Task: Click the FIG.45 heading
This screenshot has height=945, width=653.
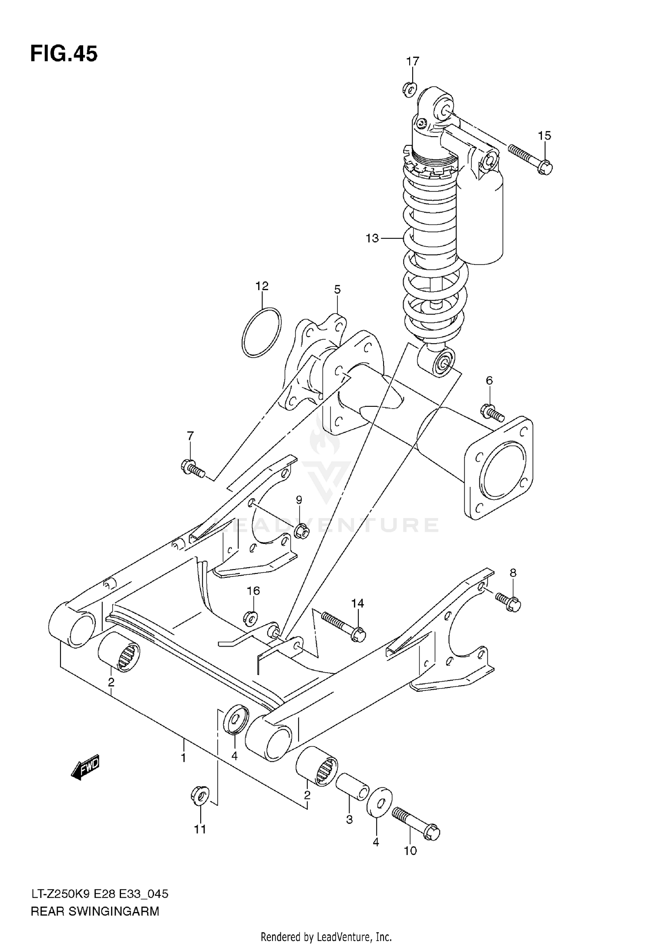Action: coord(64,54)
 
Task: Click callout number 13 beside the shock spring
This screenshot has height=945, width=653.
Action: coord(372,238)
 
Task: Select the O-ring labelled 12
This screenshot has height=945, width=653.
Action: coord(262,332)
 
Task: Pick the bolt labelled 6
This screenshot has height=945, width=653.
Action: coord(492,412)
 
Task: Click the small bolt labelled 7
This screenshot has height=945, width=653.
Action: coord(192,468)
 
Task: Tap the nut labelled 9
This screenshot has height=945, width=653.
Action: coord(301,531)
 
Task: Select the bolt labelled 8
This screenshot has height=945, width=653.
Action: coord(507,602)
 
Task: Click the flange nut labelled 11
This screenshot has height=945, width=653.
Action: coord(200,796)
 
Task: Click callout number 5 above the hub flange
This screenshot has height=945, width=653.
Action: coord(337,290)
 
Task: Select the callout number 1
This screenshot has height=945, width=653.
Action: coord(183,758)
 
